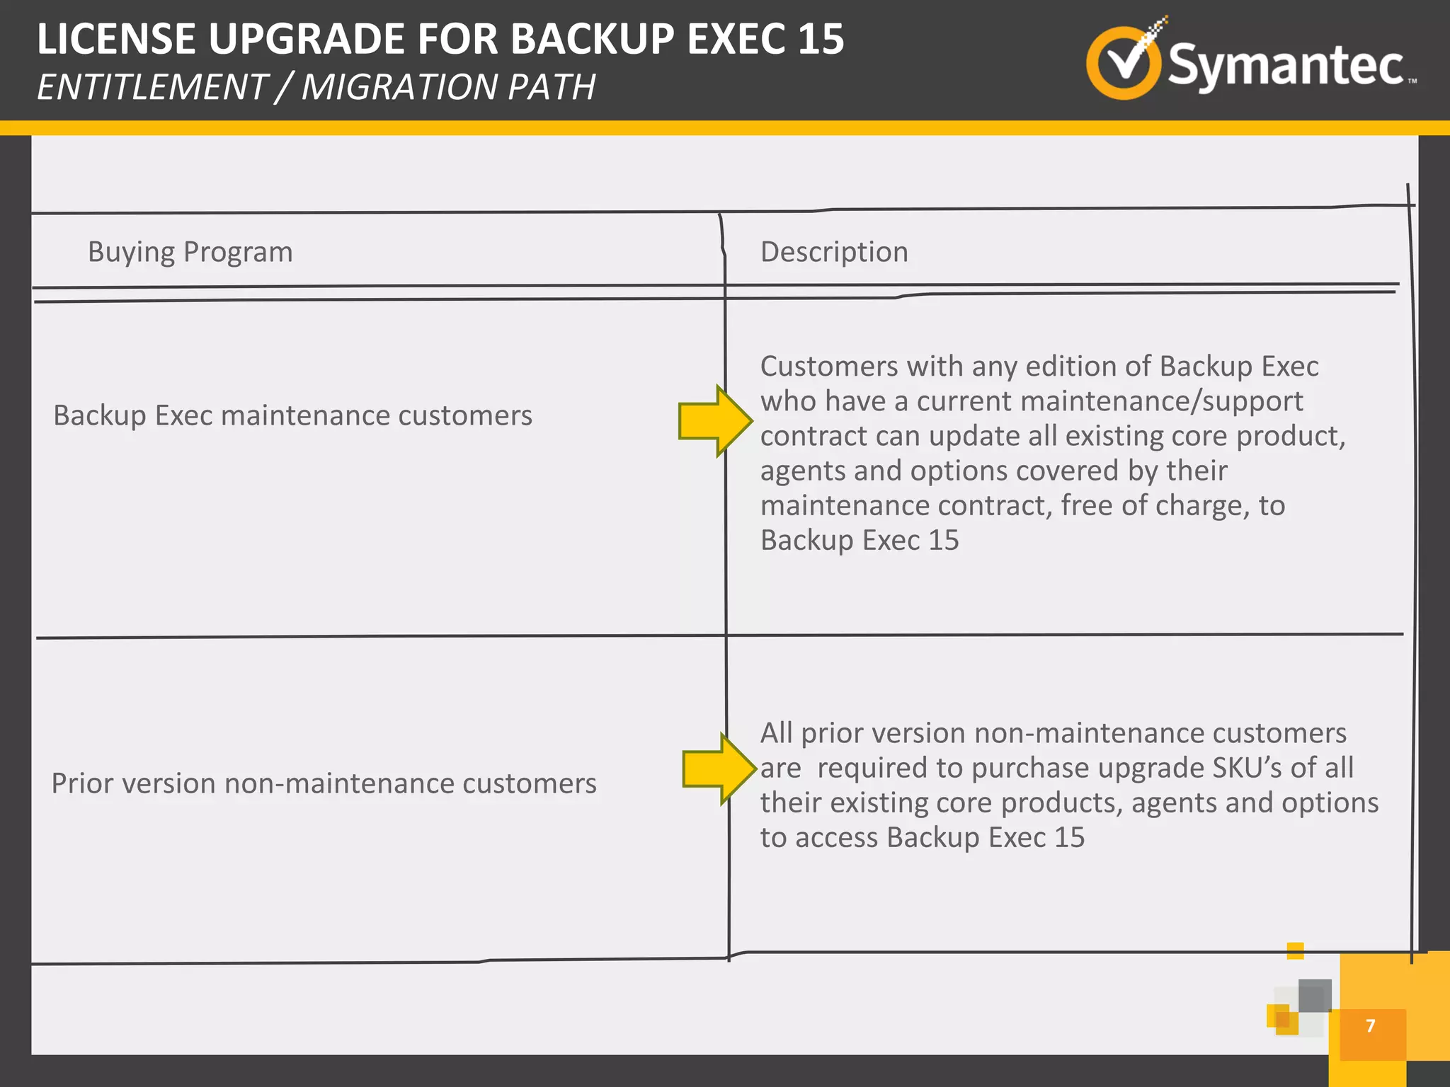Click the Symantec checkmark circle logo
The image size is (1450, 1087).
point(1123,62)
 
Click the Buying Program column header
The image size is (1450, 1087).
point(190,252)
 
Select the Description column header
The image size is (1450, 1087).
point(834,252)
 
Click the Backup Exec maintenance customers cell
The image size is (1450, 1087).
point(292,415)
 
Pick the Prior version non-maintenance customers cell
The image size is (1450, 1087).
point(324,783)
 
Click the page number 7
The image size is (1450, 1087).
point(1371,1025)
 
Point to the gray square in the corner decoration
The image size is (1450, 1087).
point(1315,995)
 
